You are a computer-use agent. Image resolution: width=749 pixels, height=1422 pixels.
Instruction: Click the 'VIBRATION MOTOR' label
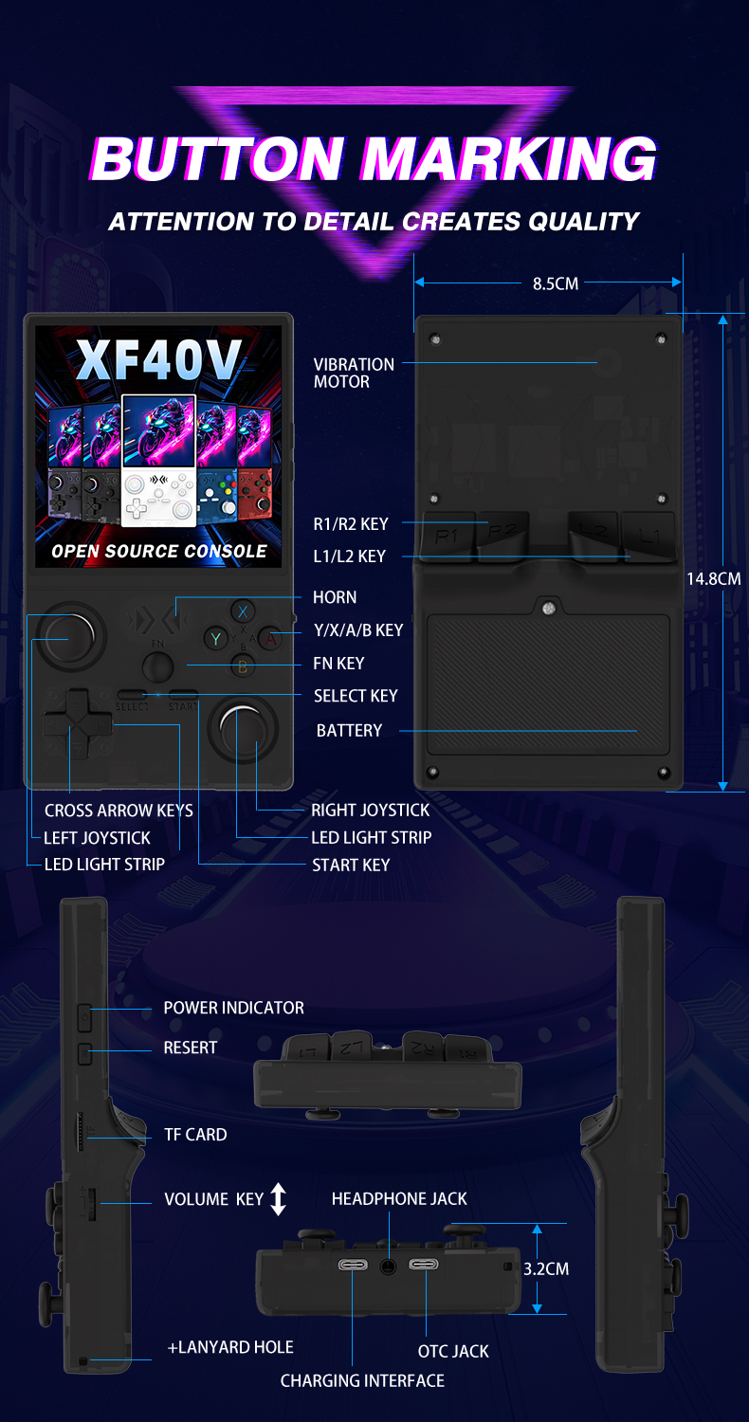click(354, 373)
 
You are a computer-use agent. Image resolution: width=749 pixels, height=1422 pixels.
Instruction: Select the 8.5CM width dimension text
click(556, 283)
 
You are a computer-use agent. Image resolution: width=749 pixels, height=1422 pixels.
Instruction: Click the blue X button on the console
click(243, 611)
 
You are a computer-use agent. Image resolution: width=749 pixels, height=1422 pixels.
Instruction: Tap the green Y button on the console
click(216, 639)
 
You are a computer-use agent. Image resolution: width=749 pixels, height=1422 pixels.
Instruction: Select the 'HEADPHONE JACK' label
click(399, 1199)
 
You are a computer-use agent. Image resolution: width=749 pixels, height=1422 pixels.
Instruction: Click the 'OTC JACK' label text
click(453, 1351)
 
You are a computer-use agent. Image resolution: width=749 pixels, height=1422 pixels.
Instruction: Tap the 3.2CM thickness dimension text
click(546, 1268)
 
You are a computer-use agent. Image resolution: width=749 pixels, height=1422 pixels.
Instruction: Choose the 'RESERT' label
click(191, 1048)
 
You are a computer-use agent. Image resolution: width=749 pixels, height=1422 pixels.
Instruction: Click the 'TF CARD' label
click(195, 1134)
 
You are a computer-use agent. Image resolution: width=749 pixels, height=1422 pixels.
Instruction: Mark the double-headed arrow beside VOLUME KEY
click(278, 1199)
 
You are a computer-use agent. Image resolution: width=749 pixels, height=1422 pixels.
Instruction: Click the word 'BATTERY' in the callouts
click(349, 730)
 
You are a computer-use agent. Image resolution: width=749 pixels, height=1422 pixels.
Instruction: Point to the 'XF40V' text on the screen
click(158, 358)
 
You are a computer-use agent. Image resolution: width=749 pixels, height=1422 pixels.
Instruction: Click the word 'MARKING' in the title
click(508, 158)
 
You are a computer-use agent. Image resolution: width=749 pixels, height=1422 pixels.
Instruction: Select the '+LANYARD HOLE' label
click(230, 1347)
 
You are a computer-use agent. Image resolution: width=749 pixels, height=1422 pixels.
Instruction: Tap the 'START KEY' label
click(351, 865)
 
